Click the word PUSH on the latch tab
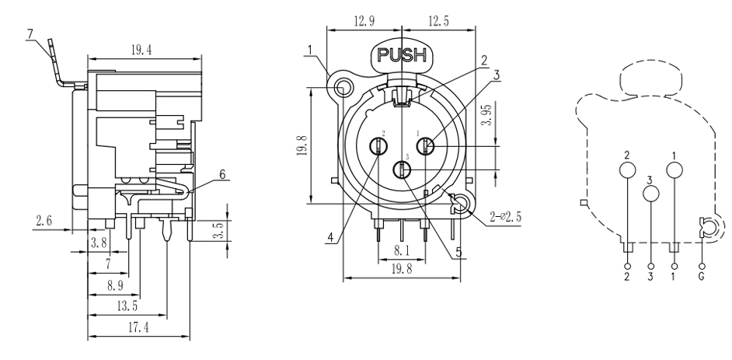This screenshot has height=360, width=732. point(403,55)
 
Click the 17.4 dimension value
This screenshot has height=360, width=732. point(135,329)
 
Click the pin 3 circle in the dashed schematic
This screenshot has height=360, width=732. point(651,193)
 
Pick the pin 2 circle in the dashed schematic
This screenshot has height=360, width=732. point(628,170)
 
